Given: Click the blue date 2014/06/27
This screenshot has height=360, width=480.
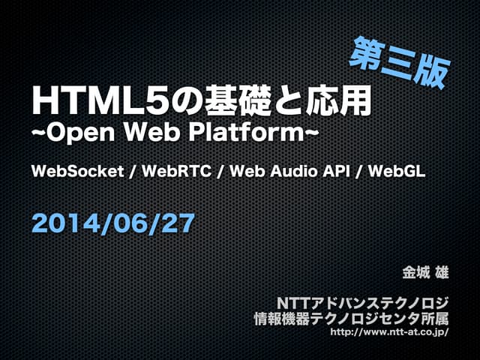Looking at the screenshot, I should coord(113,222).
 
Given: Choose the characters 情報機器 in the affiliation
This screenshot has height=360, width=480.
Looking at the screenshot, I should coord(283,318).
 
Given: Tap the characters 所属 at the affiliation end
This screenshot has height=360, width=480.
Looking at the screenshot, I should coord(434,318).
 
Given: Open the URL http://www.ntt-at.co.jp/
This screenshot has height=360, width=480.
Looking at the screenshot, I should coord(389,331).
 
